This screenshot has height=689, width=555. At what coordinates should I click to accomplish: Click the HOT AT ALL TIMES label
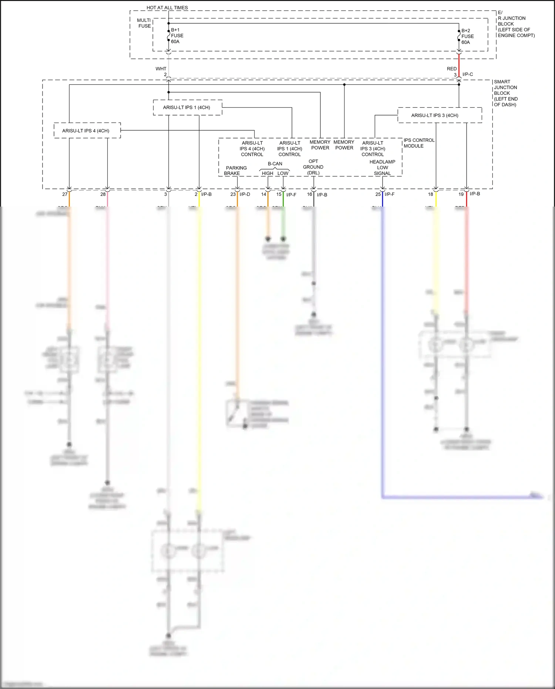pos(167,7)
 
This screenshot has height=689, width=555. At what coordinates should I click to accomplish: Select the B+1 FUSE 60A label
pos(177,36)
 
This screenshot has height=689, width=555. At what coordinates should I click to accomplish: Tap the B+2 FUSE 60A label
pos(467,37)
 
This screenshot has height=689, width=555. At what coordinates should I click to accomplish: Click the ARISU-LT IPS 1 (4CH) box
pos(187,107)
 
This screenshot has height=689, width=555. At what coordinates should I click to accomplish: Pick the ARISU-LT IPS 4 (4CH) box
pos(87,131)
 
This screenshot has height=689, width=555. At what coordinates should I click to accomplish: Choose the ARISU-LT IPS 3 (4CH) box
pos(440,115)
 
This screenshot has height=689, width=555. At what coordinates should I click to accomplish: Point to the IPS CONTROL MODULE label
pos(419,143)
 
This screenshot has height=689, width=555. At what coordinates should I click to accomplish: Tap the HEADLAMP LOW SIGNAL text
pos(382,167)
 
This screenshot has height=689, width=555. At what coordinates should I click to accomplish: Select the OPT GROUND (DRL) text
pos(313,167)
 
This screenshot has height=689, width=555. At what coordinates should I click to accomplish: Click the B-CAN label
pos(275,164)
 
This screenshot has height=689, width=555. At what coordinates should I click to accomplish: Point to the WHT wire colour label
pos(161,69)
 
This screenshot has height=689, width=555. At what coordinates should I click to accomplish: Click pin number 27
pos(65,194)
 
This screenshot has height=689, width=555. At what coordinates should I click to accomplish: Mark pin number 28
pos(103,194)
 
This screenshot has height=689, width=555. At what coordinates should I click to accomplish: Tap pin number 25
pos(378,194)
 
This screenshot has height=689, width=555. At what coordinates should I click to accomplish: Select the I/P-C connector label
pos(468,74)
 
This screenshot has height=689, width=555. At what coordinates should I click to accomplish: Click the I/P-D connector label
pos(245,194)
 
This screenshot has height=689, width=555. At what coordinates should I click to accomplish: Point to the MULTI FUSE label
pos(144,23)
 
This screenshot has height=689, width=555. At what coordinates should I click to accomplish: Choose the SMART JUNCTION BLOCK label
pos(505,93)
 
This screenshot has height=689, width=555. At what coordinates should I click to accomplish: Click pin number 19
pos(461,194)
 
